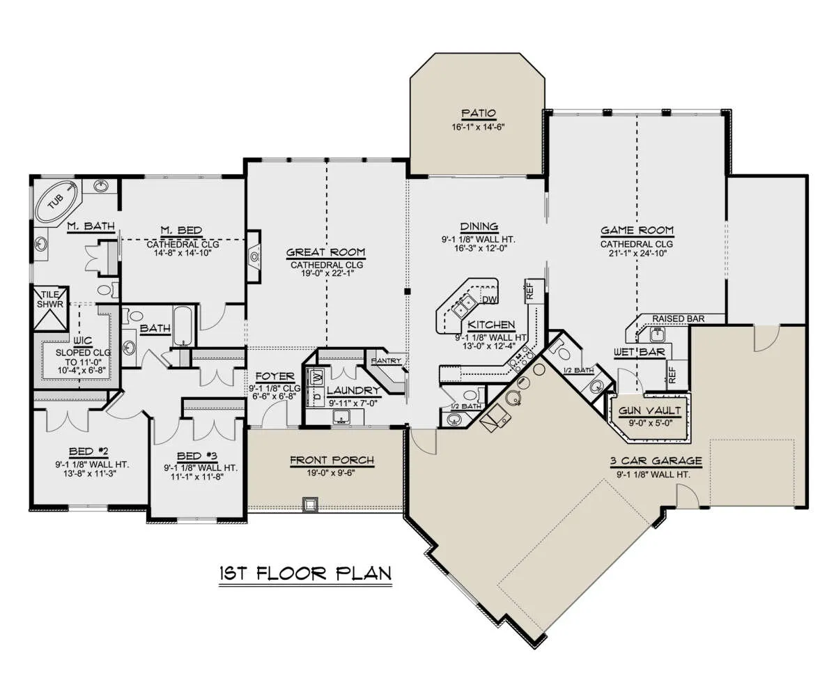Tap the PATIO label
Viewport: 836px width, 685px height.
point(479,114)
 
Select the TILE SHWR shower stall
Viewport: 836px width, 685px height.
point(51,309)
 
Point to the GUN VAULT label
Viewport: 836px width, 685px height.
point(650,410)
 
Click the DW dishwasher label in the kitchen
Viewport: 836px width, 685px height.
point(490,300)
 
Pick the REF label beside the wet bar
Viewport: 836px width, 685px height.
point(672,374)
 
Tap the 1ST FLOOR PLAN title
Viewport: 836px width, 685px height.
point(306,574)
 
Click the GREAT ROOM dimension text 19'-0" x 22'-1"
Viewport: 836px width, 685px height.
point(327,273)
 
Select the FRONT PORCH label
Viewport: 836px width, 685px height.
point(332,460)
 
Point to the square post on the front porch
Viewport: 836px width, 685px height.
point(309,504)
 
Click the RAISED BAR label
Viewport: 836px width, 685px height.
point(679,318)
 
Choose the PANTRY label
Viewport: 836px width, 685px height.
point(386,361)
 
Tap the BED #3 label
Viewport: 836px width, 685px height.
point(197,456)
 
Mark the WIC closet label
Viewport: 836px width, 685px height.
point(83,340)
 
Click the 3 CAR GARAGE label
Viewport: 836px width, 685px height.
point(656,461)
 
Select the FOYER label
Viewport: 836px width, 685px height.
point(274,376)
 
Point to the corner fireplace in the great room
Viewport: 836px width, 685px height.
point(254,256)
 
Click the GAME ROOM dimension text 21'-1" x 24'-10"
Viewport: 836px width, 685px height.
point(637,252)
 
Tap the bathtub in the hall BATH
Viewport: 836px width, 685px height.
point(183,325)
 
